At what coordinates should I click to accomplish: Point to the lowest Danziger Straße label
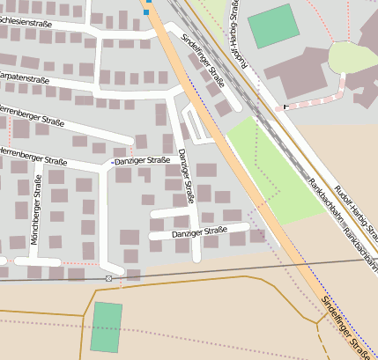tap(199, 232)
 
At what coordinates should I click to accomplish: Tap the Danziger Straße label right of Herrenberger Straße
tap(142, 160)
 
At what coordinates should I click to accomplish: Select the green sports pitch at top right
tap(274, 26)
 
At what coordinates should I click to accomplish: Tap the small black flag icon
tap(285, 107)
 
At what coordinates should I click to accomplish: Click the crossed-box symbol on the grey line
tap(109, 278)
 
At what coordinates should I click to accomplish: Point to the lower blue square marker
tap(146, 12)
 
